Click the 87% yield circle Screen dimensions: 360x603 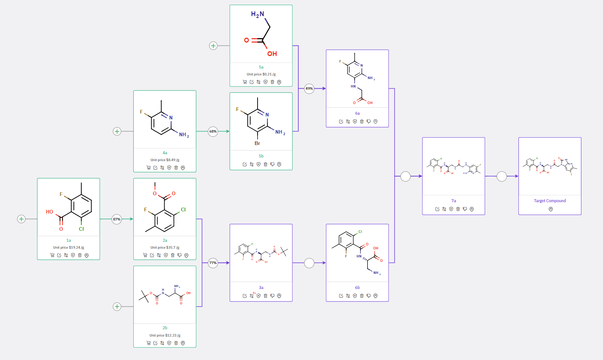[116, 219]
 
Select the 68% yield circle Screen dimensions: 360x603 [213, 131]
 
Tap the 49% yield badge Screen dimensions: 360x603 [309, 88]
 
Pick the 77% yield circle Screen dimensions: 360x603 [213, 263]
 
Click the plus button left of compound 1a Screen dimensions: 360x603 [21, 219]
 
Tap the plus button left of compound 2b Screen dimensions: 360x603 [117, 307]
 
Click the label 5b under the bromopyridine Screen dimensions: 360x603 [261, 156]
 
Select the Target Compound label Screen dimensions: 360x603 [550, 201]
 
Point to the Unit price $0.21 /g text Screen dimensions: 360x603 [261, 74]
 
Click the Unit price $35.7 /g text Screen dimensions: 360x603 [165, 248]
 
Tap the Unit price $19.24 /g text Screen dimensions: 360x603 [69, 248]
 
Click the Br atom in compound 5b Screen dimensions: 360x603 [257, 143]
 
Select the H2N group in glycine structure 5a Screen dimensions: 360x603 [257, 14]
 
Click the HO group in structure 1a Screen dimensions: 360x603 [49, 212]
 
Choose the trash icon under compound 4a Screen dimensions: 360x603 [176, 168]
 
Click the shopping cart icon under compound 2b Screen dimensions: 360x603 [148, 343]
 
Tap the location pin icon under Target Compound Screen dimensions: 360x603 [551, 209]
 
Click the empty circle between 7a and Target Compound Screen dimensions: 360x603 [502, 176]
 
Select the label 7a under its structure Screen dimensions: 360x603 [454, 201]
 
